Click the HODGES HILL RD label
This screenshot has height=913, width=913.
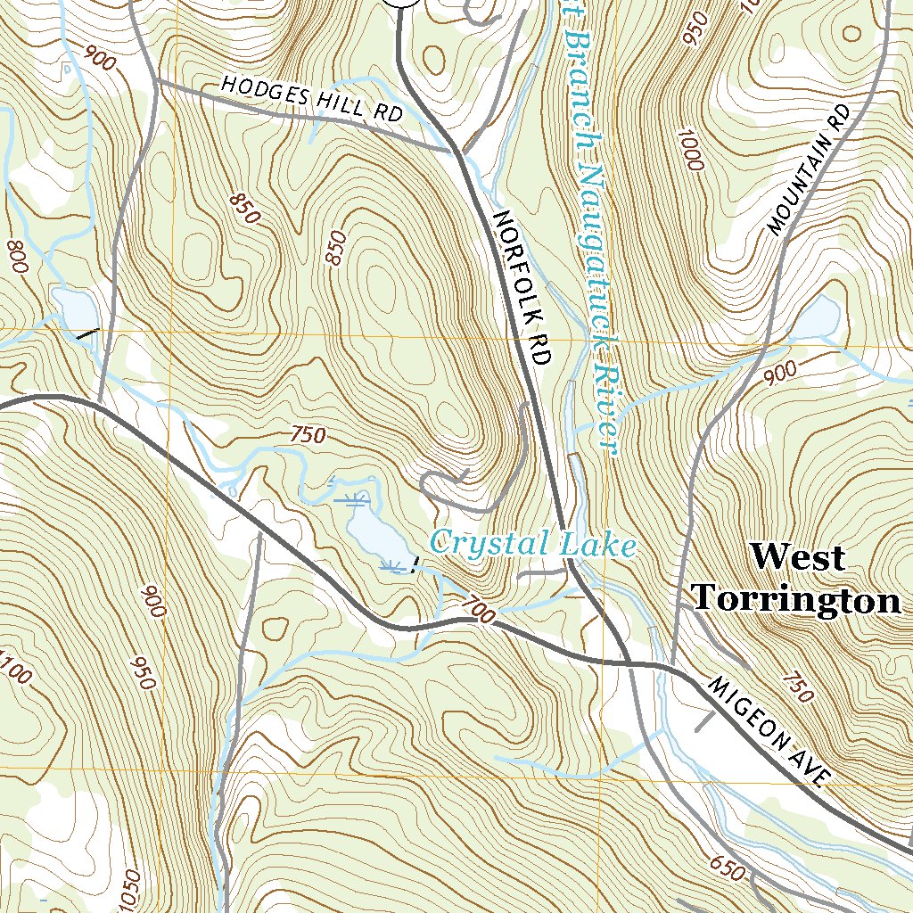point(312,98)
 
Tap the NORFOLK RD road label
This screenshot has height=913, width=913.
point(521,287)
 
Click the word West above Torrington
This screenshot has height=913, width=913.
point(797,557)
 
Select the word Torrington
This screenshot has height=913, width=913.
point(797,600)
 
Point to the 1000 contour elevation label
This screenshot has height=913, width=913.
point(687,152)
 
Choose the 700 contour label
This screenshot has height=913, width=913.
point(478,612)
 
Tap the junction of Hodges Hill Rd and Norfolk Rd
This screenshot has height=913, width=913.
point(455,151)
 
